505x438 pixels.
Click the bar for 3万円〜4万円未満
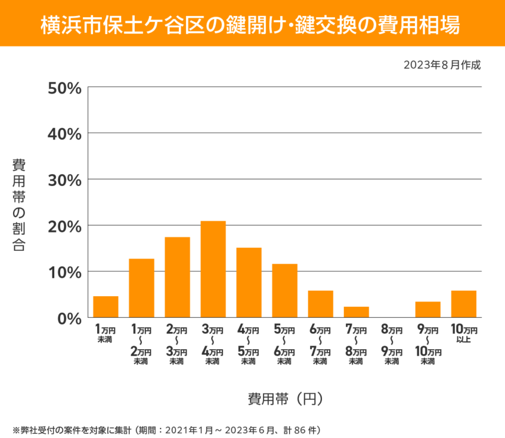213,269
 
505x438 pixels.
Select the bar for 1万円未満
106,307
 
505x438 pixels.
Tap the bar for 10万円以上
464,304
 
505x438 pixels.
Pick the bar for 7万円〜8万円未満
356,312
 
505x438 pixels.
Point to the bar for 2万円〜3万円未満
177,277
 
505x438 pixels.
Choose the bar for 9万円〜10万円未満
428,310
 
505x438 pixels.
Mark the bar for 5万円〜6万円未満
285,291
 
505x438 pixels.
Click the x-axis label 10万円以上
464,333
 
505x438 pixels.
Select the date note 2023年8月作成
442,65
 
